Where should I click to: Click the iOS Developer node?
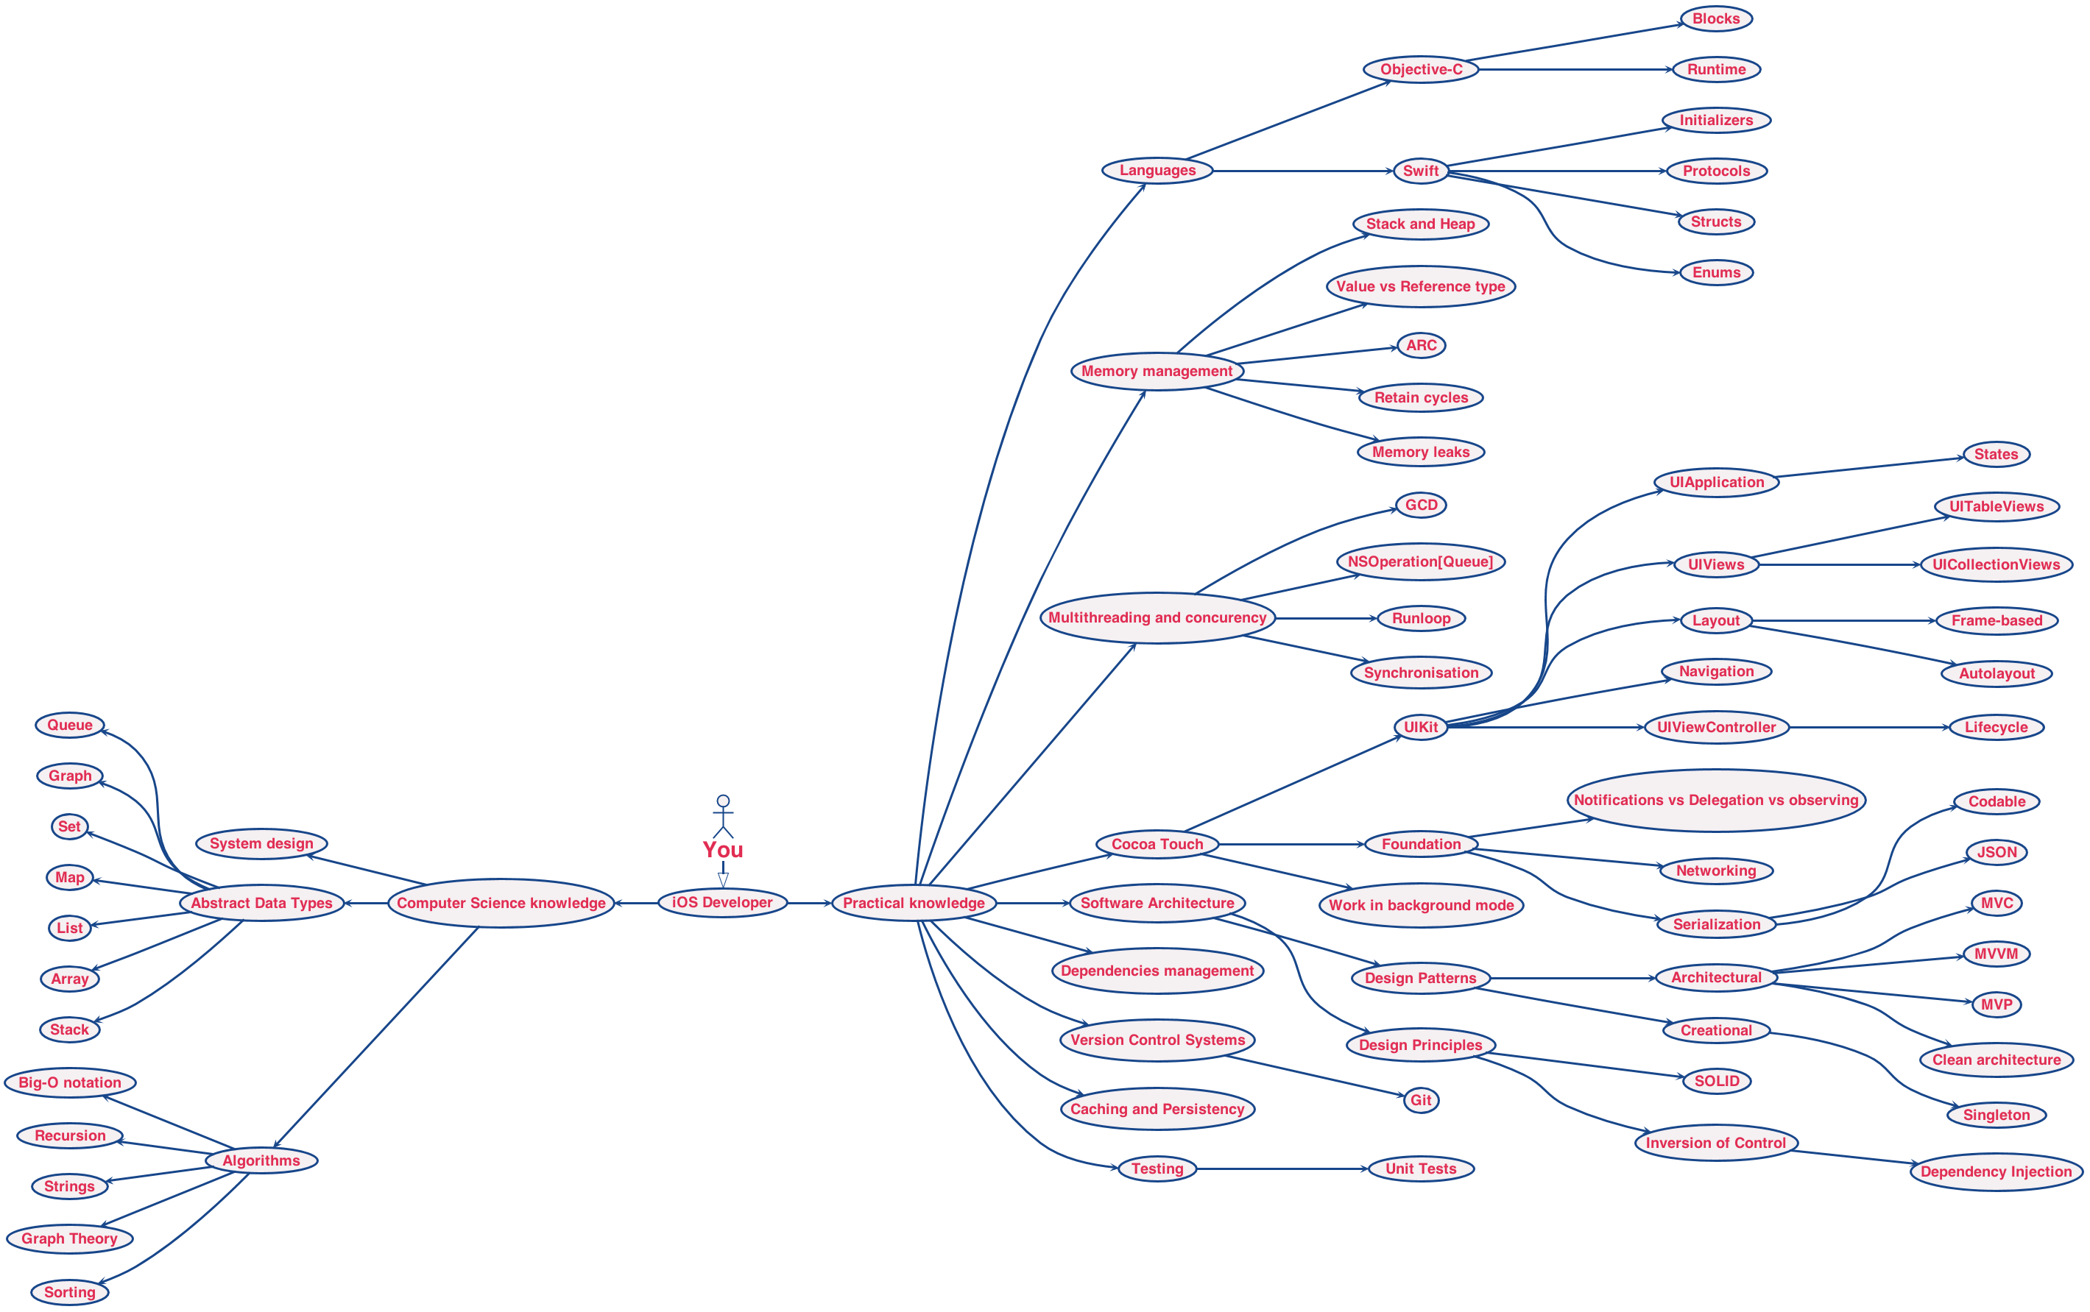pyautogui.click(x=722, y=902)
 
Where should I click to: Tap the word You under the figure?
pyautogui.click(x=723, y=851)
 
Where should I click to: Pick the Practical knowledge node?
pyautogui.click(x=914, y=904)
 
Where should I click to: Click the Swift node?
pyautogui.click(x=1421, y=171)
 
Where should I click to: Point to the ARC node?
pyautogui.click(x=1421, y=345)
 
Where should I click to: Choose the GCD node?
pyautogui.click(x=1421, y=505)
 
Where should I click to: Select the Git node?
pyautogui.click(x=1421, y=1100)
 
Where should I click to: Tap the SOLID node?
pyautogui.click(x=1717, y=1081)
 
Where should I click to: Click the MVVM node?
pyautogui.click(x=1997, y=954)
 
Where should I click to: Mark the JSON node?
pyautogui.click(x=1997, y=852)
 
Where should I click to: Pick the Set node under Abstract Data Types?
pyautogui.click(x=69, y=827)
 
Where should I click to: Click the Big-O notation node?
pyautogui.click(x=69, y=1083)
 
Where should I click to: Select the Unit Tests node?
pyautogui.click(x=1421, y=1169)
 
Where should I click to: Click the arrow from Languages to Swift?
pyautogui.click(x=1302, y=171)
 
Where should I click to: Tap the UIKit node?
pyautogui.click(x=1421, y=727)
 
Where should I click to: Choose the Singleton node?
pyautogui.click(x=1997, y=1115)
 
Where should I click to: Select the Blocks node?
pyautogui.click(x=1716, y=19)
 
